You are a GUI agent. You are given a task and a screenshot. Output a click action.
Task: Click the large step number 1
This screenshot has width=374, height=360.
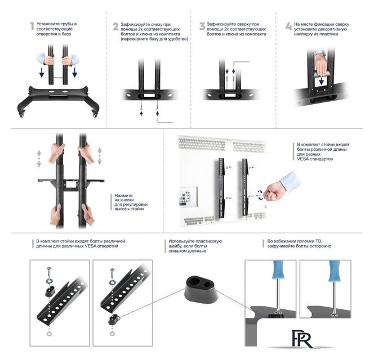point(32,26)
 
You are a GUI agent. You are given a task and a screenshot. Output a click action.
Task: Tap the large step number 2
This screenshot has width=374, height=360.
point(115,26)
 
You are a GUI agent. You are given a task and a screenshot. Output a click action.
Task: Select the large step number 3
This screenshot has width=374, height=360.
point(202,26)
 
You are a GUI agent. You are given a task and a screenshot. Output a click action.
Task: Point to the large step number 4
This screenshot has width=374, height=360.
point(288,26)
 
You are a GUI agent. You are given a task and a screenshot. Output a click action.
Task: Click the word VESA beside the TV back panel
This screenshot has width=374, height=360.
point(303,159)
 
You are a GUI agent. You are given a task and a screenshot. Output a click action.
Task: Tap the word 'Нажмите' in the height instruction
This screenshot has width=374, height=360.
point(123,195)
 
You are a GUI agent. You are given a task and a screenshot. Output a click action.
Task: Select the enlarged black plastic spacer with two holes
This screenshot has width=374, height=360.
point(201,289)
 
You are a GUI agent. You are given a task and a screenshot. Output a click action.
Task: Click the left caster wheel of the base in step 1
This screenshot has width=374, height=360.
point(21,115)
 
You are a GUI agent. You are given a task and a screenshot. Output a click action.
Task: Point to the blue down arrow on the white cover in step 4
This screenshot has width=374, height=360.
point(321,81)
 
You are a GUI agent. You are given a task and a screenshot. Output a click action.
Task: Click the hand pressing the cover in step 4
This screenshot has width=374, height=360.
point(320,63)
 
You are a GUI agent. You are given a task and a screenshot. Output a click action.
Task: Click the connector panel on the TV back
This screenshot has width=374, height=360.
point(189,196)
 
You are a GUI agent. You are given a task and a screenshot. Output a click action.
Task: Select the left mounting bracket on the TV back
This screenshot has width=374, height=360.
point(221,188)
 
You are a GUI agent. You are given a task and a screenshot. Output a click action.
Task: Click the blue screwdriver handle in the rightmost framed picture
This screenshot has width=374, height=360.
point(334,271)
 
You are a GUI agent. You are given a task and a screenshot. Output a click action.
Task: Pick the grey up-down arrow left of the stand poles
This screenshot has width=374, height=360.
point(39,159)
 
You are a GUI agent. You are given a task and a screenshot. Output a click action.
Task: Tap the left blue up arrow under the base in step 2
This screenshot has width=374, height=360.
point(141,113)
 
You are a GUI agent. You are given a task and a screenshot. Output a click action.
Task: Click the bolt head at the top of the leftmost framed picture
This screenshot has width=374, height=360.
point(50,269)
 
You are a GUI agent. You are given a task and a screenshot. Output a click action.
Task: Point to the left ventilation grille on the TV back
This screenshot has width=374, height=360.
point(202,145)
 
